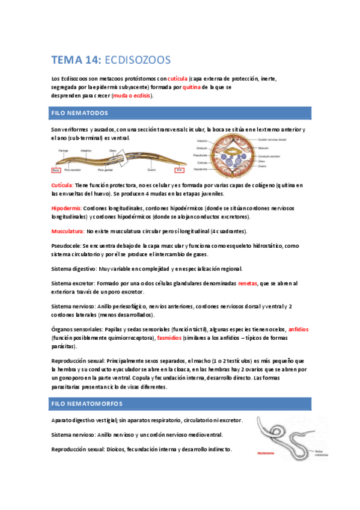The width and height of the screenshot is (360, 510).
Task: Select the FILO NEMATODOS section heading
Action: point(80,113)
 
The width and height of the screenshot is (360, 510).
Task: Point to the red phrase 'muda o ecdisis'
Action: point(132,96)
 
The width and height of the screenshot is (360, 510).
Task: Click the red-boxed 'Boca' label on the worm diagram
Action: point(56,170)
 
